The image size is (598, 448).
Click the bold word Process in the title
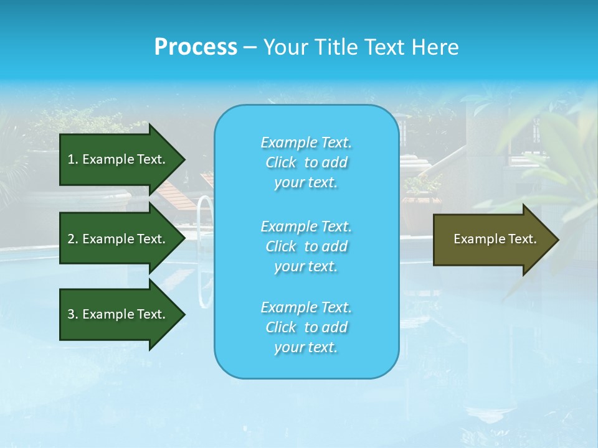point(196,47)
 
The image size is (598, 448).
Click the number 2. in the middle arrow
point(73,239)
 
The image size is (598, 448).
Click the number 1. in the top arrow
point(73,159)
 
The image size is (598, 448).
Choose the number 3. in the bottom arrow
point(73,314)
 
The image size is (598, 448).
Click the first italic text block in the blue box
point(306,162)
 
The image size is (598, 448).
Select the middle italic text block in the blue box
point(306,246)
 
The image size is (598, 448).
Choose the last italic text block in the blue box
point(306,327)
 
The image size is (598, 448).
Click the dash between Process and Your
point(250,47)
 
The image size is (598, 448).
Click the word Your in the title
point(283,47)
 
